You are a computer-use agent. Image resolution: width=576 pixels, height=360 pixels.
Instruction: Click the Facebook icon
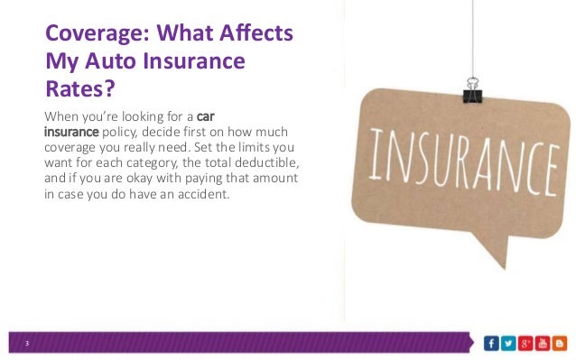coord(491,343)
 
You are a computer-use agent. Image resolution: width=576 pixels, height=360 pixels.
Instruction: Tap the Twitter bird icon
coord(507,343)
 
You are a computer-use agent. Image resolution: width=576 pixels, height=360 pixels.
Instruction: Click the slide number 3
coord(27,344)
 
